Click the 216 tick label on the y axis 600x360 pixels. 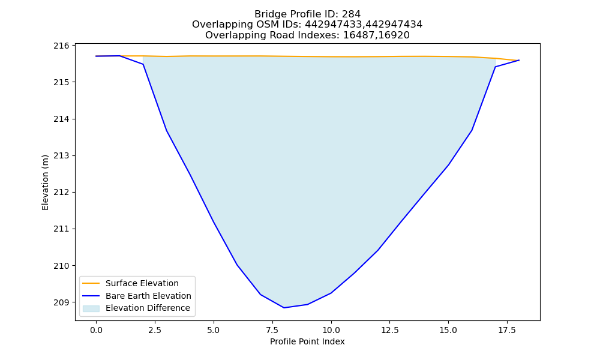point(61,46)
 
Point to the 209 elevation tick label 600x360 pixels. point(61,302)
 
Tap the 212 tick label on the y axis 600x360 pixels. point(61,193)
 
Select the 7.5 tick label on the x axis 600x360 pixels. point(272,330)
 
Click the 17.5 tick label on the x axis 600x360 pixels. point(507,330)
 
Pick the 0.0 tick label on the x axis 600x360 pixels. point(96,330)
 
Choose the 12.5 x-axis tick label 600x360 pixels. point(389,330)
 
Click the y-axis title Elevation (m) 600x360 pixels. point(45,182)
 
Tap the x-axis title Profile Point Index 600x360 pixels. point(307,341)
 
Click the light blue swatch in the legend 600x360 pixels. point(91,308)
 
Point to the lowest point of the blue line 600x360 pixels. point(284,308)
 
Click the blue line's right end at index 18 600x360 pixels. point(519,60)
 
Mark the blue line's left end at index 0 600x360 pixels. point(96,56)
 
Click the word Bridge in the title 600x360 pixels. point(267,14)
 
